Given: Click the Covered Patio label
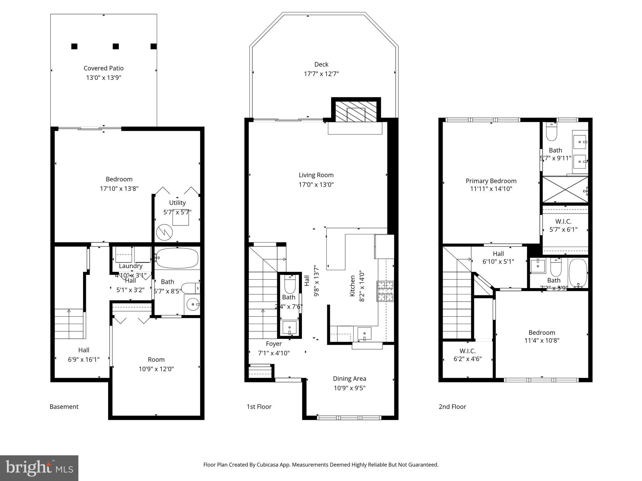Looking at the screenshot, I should pyautogui.click(x=103, y=68).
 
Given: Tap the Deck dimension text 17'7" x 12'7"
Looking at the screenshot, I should pyautogui.click(x=321, y=74).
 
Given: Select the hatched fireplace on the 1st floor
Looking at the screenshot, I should pyautogui.click(x=356, y=111).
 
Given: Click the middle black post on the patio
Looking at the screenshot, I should pyautogui.click(x=116, y=46).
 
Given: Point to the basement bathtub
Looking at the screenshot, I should pyautogui.click(x=177, y=258).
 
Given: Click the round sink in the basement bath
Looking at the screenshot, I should pyautogui.click(x=192, y=304).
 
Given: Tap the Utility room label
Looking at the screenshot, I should pyautogui.click(x=177, y=203).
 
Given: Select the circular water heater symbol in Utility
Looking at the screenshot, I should pyautogui.click(x=165, y=232).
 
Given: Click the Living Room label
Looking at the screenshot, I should pyautogui.click(x=316, y=175).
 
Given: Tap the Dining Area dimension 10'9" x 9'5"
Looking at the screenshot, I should pyautogui.click(x=350, y=388).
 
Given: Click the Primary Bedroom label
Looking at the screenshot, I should pyautogui.click(x=491, y=181).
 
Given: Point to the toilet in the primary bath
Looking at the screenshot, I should pyautogui.click(x=551, y=132).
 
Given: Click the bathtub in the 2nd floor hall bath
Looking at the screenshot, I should pyautogui.click(x=578, y=273).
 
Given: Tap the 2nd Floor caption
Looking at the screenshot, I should pyautogui.click(x=452, y=406).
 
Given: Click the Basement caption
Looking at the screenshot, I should pyautogui.click(x=64, y=406).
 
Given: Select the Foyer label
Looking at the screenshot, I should pyautogui.click(x=274, y=344).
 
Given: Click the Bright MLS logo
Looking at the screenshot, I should pyautogui.click(x=39, y=468).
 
